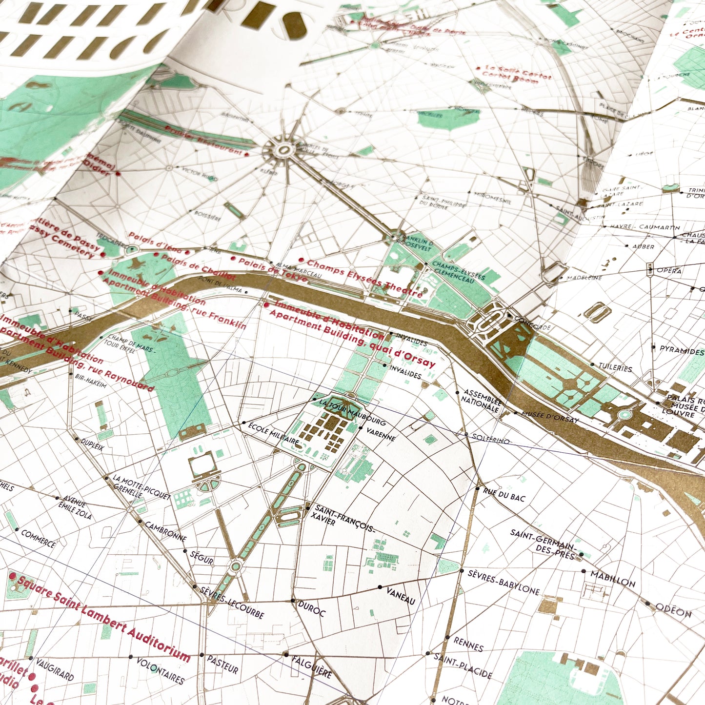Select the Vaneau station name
pos(401,595)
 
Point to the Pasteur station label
pos(222,664)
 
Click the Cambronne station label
pos(166,531)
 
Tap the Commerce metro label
pos(39,538)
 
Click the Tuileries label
pos(616,367)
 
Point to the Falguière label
pos(312,666)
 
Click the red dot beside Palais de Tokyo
pos(234,259)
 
